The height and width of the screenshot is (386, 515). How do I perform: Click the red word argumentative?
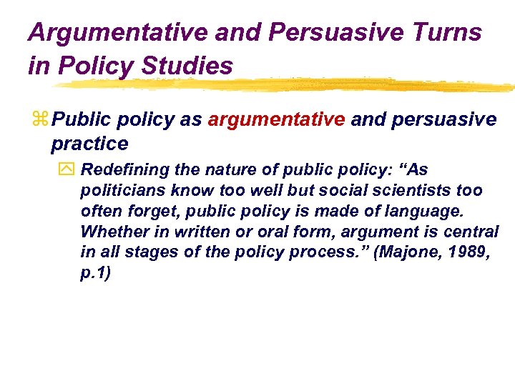(276, 119)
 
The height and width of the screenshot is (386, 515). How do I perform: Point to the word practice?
(89, 144)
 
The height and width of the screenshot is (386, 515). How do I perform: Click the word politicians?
(117, 191)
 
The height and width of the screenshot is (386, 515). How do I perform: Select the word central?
(471, 232)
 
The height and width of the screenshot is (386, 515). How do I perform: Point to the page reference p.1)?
(95, 274)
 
